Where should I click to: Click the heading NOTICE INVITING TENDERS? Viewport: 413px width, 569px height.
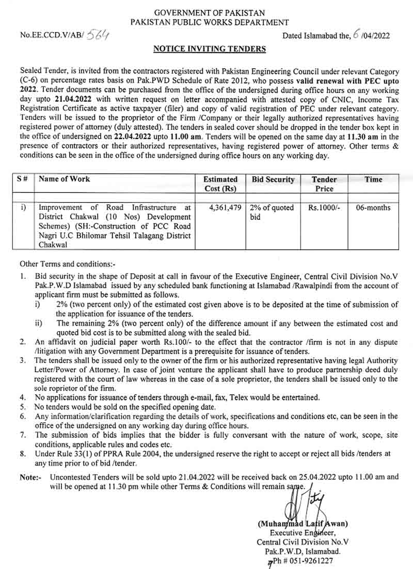click(209, 49)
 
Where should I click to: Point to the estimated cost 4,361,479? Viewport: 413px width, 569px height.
click(223, 208)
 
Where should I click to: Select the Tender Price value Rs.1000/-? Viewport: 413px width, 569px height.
click(324, 208)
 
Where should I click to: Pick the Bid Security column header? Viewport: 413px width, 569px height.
click(273, 179)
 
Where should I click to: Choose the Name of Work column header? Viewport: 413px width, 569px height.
click(64, 179)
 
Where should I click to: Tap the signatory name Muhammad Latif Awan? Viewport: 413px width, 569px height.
click(303, 524)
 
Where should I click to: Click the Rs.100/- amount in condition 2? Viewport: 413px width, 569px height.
click(161, 342)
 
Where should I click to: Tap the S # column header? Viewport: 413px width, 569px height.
click(22, 179)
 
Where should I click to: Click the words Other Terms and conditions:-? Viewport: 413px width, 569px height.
click(61, 264)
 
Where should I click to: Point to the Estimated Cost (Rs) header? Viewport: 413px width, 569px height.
click(220, 184)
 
